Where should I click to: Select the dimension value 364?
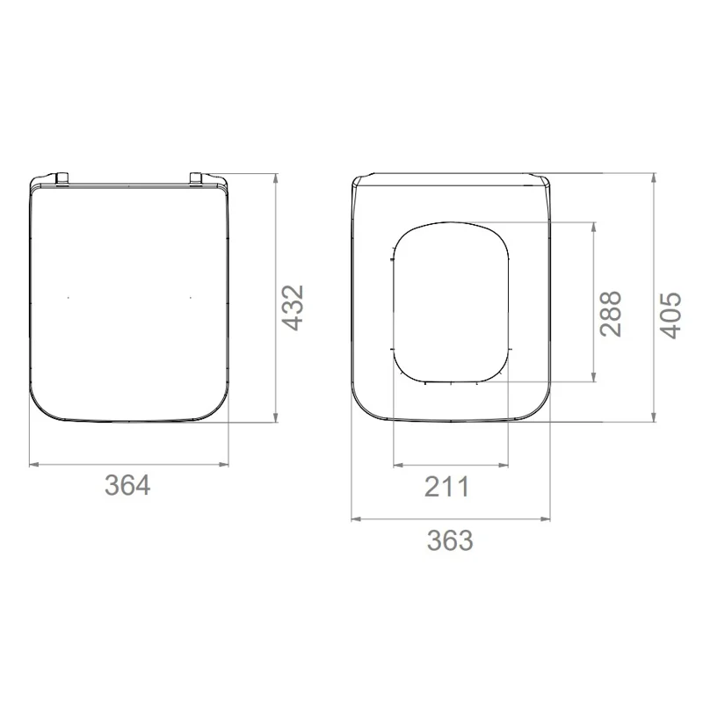(127, 485)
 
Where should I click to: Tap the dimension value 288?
(611, 314)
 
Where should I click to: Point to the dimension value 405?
(670, 315)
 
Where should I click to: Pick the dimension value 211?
(446, 487)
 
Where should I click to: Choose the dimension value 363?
(450, 540)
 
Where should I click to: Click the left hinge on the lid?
(62, 178)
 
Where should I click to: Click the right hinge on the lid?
(196, 178)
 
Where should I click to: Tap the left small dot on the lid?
(69, 297)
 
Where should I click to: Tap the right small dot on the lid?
(191, 297)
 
